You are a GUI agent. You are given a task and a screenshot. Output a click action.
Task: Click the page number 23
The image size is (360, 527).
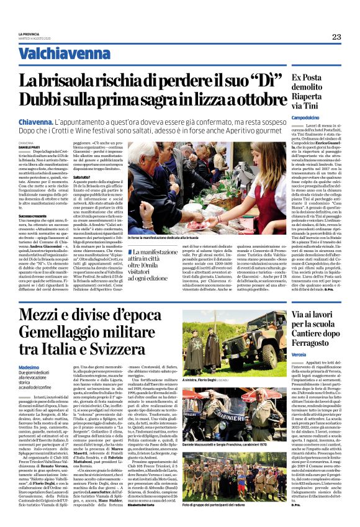(336, 37)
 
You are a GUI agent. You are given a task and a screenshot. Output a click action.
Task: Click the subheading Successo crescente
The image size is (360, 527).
(33, 215)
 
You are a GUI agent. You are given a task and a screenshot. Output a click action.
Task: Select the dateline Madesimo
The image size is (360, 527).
(29, 367)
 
